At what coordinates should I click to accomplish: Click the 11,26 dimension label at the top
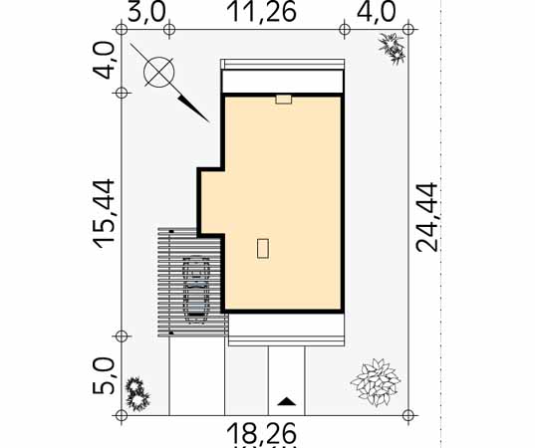click(x=262, y=12)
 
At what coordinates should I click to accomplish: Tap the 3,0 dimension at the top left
click(x=146, y=13)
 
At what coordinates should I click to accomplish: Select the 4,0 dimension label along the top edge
click(x=376, y=13)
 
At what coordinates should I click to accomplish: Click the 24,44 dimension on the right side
click(x=426, y=217)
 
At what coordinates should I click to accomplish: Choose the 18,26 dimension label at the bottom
click(x=262, y=433)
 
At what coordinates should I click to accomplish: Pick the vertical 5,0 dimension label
click(x=104, y=375)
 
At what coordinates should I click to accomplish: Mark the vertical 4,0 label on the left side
click(x=104, y=61)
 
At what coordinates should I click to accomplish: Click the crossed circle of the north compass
click(x=158, y=72)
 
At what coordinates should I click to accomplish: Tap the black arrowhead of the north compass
click(x=192, y=110)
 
